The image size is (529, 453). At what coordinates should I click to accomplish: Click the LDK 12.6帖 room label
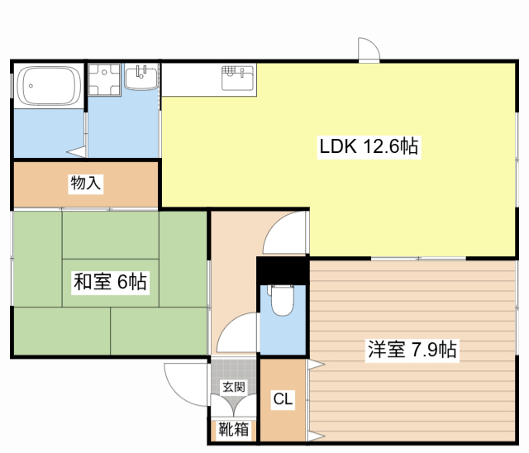coord(369,146)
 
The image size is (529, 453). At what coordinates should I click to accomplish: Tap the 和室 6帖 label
coord(110,281)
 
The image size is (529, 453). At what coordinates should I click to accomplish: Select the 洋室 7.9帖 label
coord(412,350)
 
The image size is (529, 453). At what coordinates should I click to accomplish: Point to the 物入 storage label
coord(86,184)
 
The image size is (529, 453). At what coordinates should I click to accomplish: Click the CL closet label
coord(283,399)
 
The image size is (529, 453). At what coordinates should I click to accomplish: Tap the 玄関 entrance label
coord(233,387)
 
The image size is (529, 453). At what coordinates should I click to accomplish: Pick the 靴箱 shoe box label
coord(233,429)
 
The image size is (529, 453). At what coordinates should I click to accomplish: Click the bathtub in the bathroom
coord(50,86)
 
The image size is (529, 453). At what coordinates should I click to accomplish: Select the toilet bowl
coord(283,299)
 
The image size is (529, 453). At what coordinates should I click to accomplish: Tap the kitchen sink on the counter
coord(237,79)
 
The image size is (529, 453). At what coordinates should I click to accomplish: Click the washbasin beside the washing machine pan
coord(141,77)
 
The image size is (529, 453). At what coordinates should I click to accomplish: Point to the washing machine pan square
coord(104,79)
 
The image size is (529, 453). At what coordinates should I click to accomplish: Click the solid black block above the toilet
coord(283,271)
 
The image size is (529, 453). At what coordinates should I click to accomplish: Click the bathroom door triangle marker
coord(77,151)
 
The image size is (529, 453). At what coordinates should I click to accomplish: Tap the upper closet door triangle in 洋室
coord(316,365)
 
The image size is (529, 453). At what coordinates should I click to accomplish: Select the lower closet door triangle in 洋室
coord(316,436)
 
